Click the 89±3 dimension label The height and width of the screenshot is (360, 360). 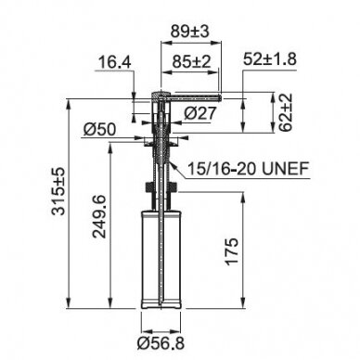190,31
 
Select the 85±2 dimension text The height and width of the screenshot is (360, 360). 191,62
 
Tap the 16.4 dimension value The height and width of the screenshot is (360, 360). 115,62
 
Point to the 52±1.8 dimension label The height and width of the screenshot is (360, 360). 270,58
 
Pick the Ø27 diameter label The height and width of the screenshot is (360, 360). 199,113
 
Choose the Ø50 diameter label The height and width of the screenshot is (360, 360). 99,130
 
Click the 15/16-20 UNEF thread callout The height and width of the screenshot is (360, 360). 249,169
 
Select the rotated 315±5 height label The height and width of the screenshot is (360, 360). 58,191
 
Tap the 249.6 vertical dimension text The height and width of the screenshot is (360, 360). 99,216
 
